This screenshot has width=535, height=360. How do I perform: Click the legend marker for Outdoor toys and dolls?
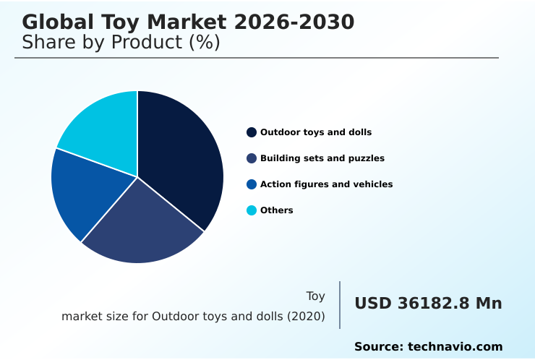[x=252, y=132]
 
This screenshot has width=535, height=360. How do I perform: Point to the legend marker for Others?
[x=252, y=210]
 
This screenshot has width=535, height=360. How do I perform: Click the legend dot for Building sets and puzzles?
[x=252, y=158]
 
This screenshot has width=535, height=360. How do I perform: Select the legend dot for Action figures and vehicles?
[x=252, y=184]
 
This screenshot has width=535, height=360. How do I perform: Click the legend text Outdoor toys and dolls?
[x=316, y=132]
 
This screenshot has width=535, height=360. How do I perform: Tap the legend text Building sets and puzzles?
[x=322, y=158]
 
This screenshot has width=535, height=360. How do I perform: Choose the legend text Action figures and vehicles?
[x=327, y=184]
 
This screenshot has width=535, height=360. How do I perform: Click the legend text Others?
[x=277, y=210]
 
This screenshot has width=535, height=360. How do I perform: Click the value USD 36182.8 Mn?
[x=428, y=304]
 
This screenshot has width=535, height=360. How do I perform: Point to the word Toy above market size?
[x=315, y=296]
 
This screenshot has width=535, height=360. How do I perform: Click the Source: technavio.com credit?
[x=428, y=347]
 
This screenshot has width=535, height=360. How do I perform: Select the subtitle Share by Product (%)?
[x=121, y=43]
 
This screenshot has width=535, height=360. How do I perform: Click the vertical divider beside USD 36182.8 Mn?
[x=340, y=305]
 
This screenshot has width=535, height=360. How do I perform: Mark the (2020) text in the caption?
[x=307, y=317]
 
